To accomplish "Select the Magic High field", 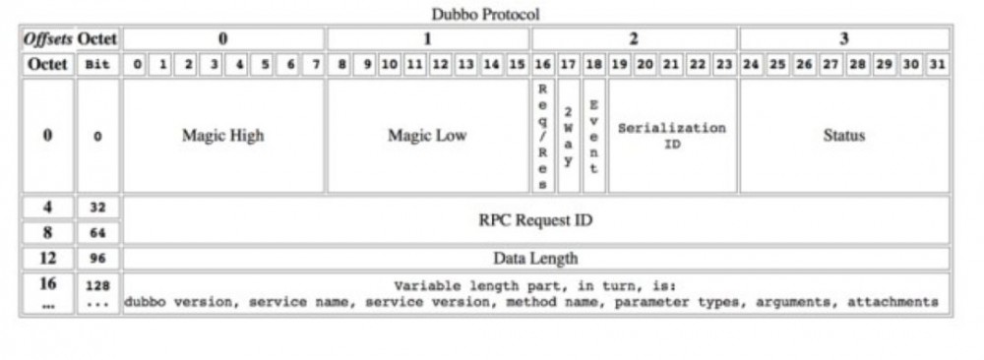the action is coord(222,137).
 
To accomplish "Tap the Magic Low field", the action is coord(427,137).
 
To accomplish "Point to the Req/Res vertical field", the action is coord(540,137).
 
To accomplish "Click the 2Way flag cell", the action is coord(568,137).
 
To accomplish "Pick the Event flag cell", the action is coord(593,137).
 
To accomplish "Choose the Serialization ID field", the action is coord(672,137).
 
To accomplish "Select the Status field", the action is coord(843,137).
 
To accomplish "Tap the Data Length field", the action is coord(535,259).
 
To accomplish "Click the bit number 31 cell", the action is coord(939,65).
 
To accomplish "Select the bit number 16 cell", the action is coord(541,65).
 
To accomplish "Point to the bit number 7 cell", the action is coord(315,65).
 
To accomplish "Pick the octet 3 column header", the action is coord(843,39).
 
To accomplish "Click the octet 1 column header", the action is coord(427,39).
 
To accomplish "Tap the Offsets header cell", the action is coord(47,39).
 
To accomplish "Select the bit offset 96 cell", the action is coord(97,259).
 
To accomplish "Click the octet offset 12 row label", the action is coord(47,259).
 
